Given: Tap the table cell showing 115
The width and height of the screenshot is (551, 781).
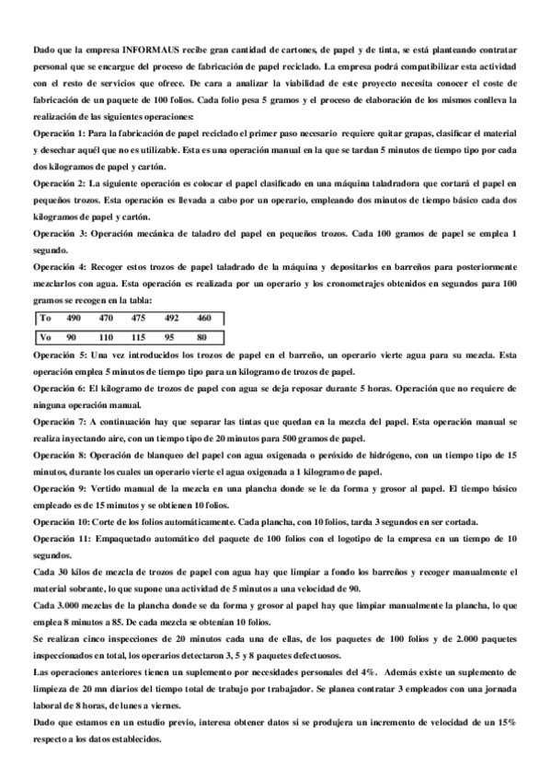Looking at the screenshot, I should click(139, 336).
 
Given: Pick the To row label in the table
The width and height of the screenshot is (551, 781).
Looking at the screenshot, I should click(44, 318).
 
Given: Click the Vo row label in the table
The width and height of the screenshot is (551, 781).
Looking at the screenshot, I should click(44, 336).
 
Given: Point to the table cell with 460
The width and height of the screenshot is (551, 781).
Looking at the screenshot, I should click(204, 318).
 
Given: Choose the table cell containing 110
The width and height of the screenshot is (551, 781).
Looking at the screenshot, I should click(106, 336).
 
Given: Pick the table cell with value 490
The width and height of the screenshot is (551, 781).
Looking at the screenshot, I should click(75, 318).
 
